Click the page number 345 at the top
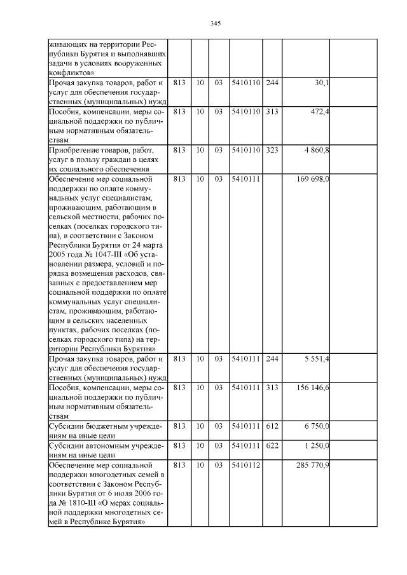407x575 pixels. [x=215, y=24]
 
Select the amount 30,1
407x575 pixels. [x=320, y=83]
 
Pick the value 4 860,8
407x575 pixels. [x=315, y=150]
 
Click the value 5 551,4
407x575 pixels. [x=315, y=359]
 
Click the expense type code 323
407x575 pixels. [x=272, y=150]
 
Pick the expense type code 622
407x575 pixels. [x=272, y=445]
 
